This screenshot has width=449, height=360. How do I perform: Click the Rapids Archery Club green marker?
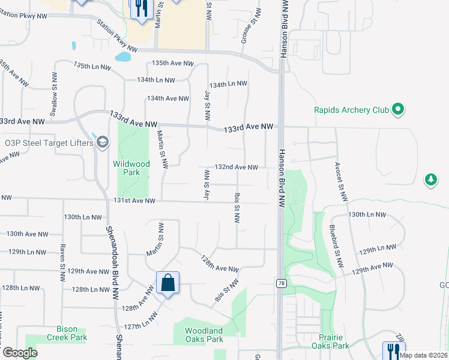(397, 109)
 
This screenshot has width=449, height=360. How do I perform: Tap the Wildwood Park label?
(131, 168)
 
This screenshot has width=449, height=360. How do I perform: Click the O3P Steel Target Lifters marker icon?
(103, 142)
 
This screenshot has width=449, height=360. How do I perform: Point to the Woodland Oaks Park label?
(204, 335)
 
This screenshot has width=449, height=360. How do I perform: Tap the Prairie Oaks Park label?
(330, 341)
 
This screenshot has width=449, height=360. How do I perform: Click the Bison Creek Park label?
(67, 333)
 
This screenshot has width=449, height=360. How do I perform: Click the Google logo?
(20, 352)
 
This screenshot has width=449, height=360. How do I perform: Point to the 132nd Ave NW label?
(237, 167)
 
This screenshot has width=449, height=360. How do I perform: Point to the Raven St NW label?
(62, 263)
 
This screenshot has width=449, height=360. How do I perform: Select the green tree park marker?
(430, 179)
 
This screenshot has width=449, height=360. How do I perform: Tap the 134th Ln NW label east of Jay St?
(228, 84)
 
